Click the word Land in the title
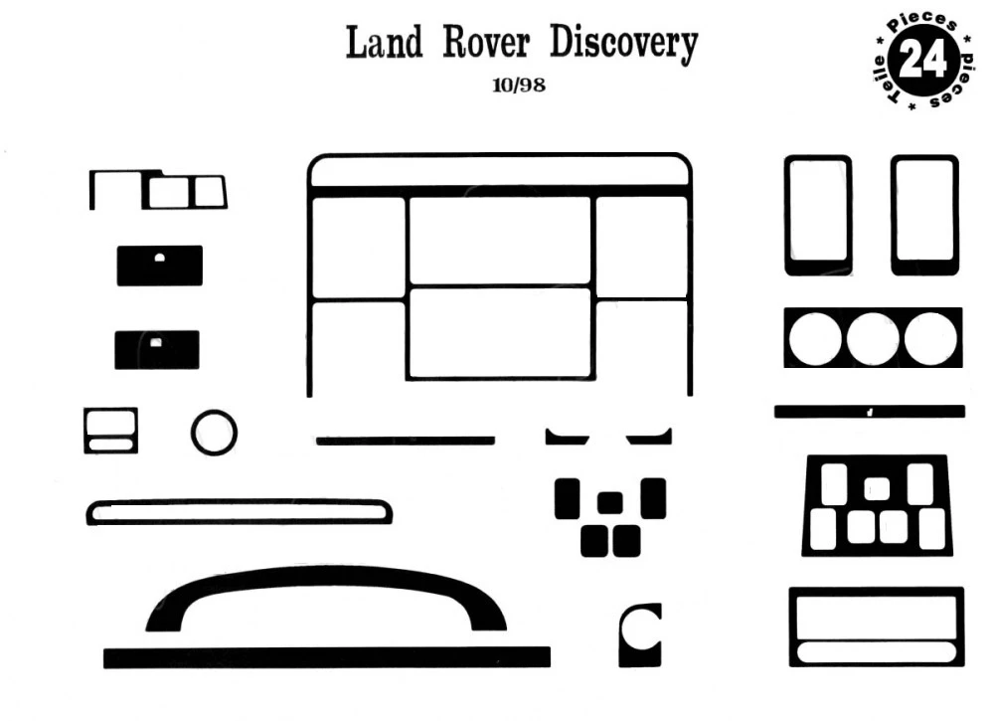[384, 43]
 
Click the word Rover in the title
[486, 43]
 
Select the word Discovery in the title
[624, 45]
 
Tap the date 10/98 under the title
[519, 85]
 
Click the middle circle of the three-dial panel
[873, 339]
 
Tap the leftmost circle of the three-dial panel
[815, 339]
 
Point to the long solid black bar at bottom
[326, 657]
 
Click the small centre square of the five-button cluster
[610, 503]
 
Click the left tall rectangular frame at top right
[786, 216]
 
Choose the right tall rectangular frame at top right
[894, 216]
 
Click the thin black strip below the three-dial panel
[870, 412]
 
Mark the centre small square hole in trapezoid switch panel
[876, 489]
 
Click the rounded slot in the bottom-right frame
[876, 652]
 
